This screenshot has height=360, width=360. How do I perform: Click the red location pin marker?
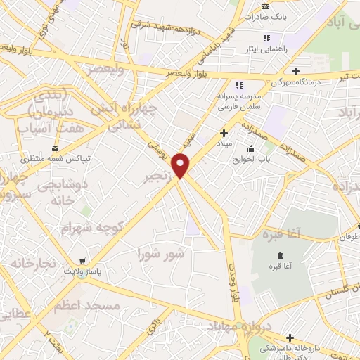tap(182, 166)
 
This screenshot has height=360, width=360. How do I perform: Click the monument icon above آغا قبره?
tap(281, 255)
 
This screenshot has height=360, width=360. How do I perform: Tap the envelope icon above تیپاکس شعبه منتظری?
tap(55, 148)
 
